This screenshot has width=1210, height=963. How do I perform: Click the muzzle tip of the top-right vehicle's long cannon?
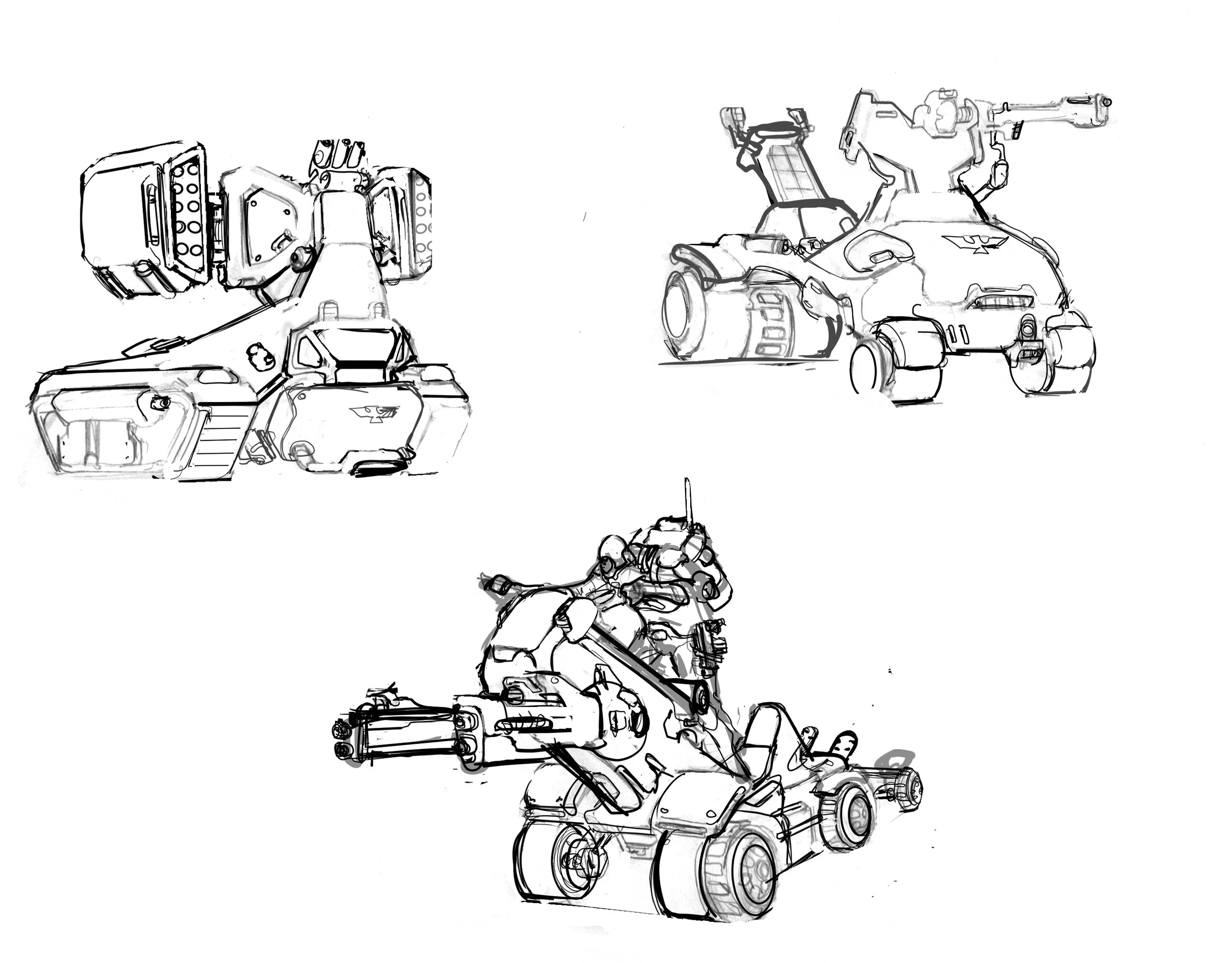click(x=1106, y=103)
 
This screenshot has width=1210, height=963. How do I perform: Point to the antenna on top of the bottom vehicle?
click(x=686, y=499)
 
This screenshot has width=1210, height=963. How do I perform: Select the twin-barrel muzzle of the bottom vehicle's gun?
click(x=341, y=738)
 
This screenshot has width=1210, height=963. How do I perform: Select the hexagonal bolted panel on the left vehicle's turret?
click(x=268, y=225)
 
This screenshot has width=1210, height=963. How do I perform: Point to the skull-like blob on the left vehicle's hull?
click(x=260, y=355)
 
